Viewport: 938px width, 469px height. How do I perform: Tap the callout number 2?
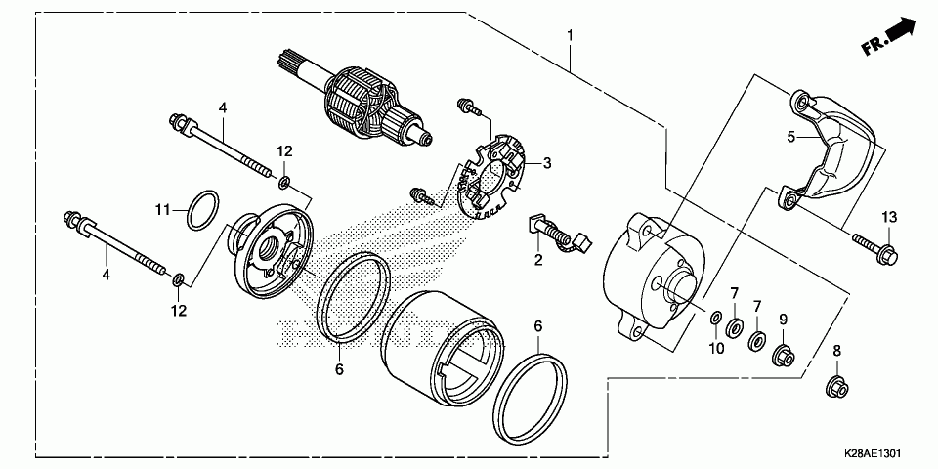click(x=537, y=260)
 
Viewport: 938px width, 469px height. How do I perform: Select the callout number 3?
click(x=547, y=163)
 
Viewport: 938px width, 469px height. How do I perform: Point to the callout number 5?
click(x=791, y=137)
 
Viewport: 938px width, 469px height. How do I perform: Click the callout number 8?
click(x=836, y=350)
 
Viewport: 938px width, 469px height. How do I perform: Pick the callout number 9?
click(x=783, y=319)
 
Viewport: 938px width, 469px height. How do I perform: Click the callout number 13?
click(x=889, y=215)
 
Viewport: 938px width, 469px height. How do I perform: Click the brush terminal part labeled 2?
click(x=559, y=235)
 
